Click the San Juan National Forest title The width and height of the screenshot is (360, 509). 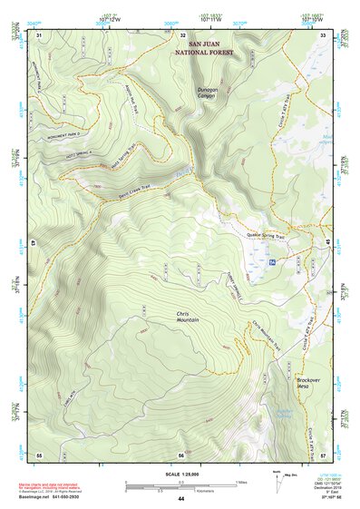(209, 48)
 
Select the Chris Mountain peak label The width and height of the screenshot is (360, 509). (187, 317)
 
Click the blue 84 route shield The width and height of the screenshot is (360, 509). (273, 261)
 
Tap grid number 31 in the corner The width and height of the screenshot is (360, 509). (39, 34)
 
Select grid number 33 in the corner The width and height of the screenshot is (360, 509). (323, 34)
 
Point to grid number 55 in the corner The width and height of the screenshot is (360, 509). (39, 454)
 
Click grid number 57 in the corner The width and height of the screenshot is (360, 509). (323, 454)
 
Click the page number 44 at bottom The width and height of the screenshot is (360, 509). (180, 500)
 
